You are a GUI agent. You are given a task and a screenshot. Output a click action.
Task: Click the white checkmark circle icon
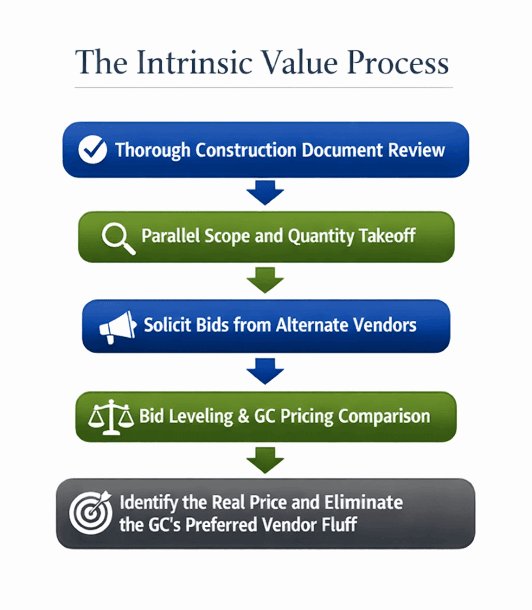coord(93,150)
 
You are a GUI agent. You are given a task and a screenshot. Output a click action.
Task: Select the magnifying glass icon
coord(118,238)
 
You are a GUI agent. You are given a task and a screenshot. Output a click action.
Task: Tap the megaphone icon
coord(117,326)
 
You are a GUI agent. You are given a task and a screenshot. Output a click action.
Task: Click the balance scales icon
coord(111,416)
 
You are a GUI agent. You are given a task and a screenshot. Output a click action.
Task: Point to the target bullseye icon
coord(90,512)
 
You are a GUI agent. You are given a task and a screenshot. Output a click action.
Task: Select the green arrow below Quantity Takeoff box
coord(265,281)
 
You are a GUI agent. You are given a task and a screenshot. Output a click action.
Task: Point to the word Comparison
coord(384,417)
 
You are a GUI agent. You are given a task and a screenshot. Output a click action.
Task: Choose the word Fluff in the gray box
coord(339,524)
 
